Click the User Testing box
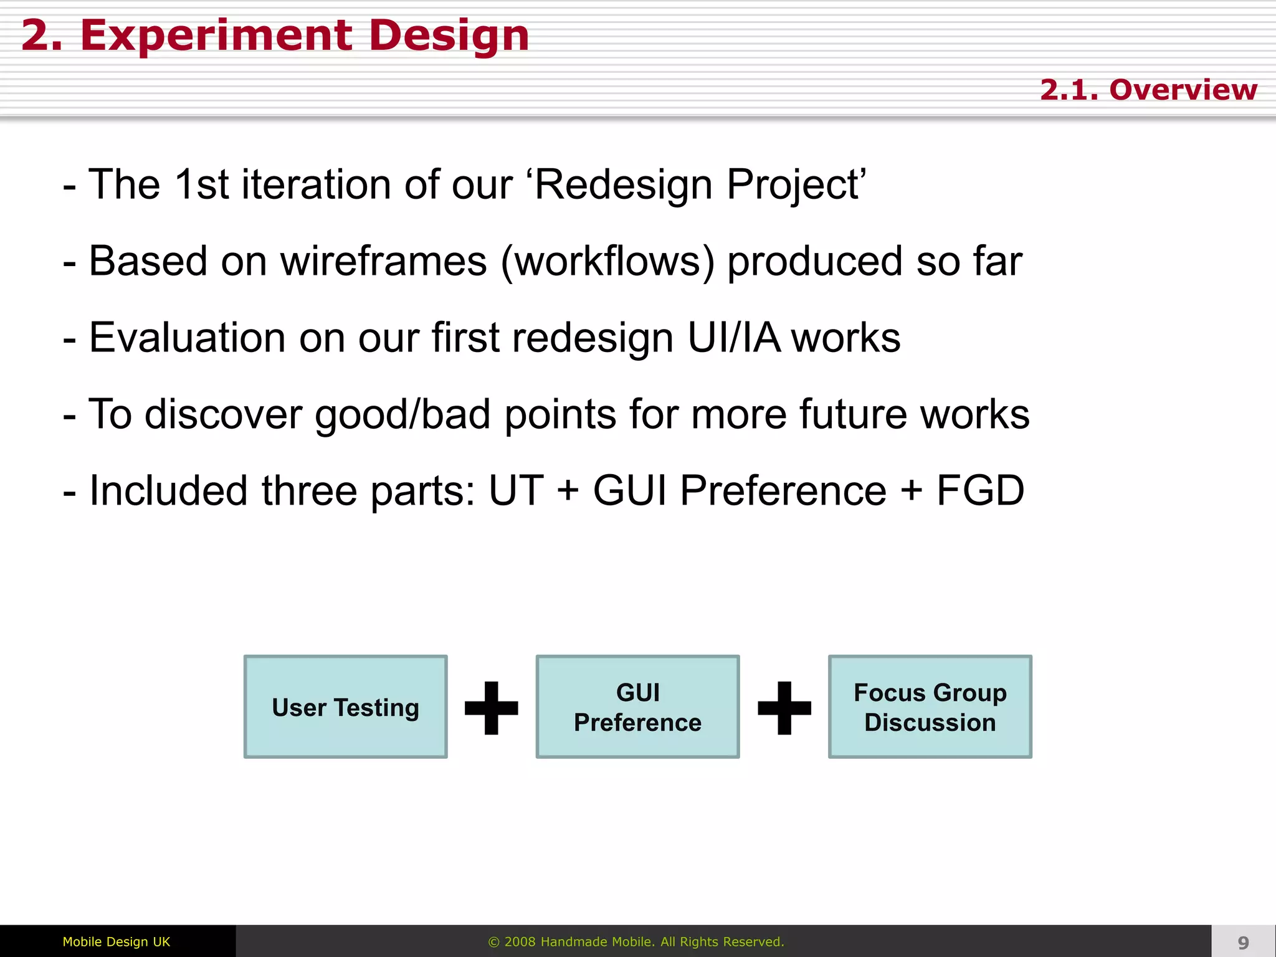click(x=345, y=707)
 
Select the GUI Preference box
click(x=637, y=707)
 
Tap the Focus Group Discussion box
click(x=930, y=707)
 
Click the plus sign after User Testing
click(x=492, y=708)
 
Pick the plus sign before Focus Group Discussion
click(x=784, y=708)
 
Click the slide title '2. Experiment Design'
click(x=275, y=36)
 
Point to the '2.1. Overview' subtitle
click(x=1148, y=90)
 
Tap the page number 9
click(x=1243, y=943)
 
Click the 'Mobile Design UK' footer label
click(x=117, y=941)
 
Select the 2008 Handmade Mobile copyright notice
click(x=636, y=941)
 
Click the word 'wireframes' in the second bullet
click(x=383, y=261)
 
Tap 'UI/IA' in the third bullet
click(x=733, y=338)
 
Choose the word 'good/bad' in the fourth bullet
click(x=402, y=415)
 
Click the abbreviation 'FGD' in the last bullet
click(x=980, y=490)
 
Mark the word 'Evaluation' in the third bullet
click(x=187, y=338)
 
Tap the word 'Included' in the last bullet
click(x=168, y=490)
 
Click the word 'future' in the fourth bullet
click(x=853, y=414)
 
